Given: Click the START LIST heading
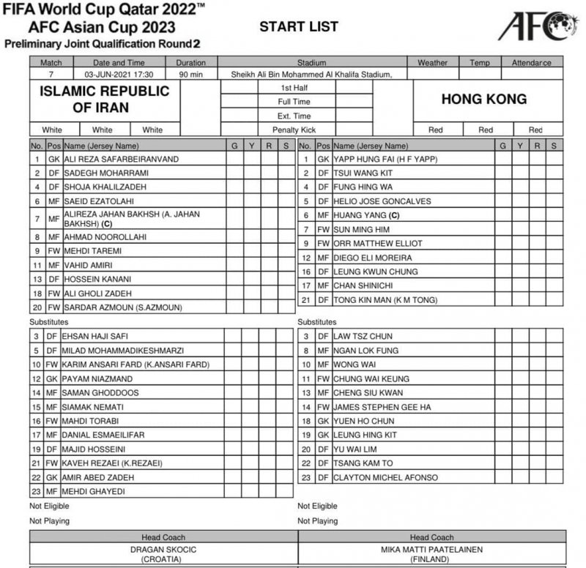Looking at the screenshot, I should tap(299, 27).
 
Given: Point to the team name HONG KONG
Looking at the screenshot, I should tap(485, 99).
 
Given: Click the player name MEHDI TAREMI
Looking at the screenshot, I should tap(92, 250).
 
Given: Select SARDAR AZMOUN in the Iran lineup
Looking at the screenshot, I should tap(123, 307).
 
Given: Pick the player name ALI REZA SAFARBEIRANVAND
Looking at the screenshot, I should tap(121, 158).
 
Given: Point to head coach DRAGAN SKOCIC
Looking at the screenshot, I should tap(163, 549).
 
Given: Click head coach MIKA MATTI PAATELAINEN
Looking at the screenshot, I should tap(431, 549).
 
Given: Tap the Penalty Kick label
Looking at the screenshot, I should tap(294, 130).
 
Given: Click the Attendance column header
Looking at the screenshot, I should tap(531, 63).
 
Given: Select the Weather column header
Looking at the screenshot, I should tap(432, 63).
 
